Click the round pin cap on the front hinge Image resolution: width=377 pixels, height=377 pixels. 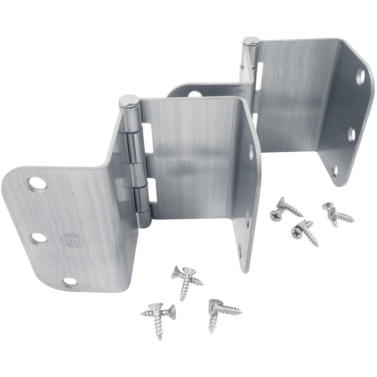(x=128, y=101)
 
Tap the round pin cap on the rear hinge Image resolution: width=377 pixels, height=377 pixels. (x=251, y=42)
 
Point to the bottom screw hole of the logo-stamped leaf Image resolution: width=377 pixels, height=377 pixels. (x=70, y=281)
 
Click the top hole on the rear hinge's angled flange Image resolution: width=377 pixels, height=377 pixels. (x=360, y=76)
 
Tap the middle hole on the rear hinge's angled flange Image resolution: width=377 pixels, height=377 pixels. (x=351, y=135)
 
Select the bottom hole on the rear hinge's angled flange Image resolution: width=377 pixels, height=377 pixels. (x=335, y=170)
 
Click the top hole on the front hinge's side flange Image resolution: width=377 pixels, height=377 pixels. (x=251, y=151)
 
